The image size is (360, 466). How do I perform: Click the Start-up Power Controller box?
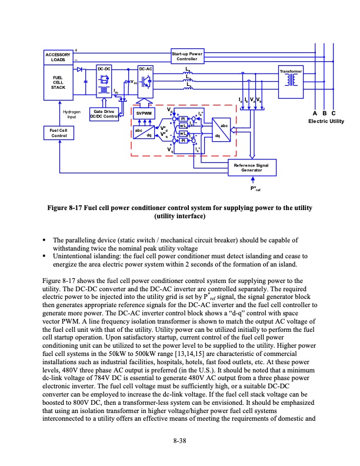pyautogui.click(x=187, y=56)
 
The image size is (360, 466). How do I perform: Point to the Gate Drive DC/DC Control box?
pyautogui.click(x=104, y=114)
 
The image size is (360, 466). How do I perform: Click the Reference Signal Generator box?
pyautogui.click(x=251, y=168)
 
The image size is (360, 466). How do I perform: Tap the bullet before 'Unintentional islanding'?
pyautogui.click(x=45, y=257)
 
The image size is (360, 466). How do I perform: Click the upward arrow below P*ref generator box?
pyautogui.click(x=252, y=180)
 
